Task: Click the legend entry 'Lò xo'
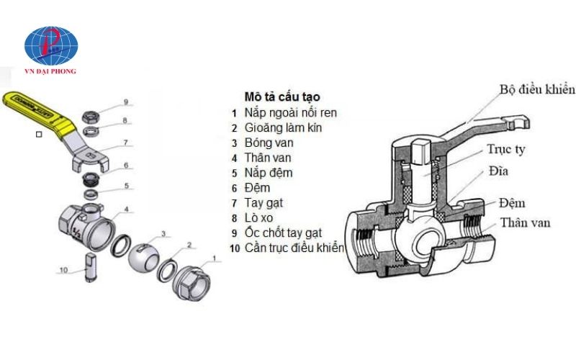[x=260, y=217]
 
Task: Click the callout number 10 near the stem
[x=63, y=271]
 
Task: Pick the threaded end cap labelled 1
[x=193, y=276]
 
